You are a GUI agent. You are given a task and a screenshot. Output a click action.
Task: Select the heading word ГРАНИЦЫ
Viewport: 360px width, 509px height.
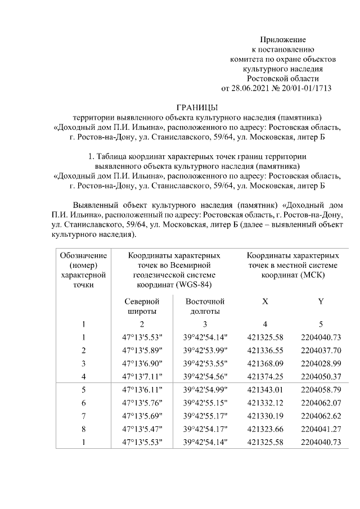[x=196, y=107]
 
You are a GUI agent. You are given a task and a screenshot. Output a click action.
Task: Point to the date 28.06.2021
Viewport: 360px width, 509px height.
[x=250, y=88]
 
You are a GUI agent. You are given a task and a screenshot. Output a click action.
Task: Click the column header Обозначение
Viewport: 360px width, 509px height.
[x=83, y=255]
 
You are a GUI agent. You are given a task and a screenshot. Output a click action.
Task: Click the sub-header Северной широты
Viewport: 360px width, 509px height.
[x=142, y=307]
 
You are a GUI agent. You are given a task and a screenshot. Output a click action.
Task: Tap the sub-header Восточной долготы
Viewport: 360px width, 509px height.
[x=205, y=307]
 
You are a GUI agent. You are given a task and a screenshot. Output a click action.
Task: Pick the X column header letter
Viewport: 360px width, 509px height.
[x=264, y=301]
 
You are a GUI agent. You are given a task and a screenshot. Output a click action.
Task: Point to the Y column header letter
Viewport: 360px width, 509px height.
[x=321, y=301]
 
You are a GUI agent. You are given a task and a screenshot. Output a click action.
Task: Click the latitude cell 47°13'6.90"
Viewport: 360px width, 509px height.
[x=142, y=364]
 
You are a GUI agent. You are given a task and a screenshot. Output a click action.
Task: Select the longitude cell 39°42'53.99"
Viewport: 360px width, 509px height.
[x=205, y=351]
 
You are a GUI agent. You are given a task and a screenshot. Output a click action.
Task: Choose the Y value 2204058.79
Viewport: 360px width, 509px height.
[x=321, y=390]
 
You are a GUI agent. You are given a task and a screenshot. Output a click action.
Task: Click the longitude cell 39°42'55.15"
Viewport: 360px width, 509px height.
[x=205, y=403]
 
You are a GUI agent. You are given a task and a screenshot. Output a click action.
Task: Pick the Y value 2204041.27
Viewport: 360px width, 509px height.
[x=321, y=429]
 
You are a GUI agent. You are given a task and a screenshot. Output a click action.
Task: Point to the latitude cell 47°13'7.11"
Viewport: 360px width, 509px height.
[x=142, y=377]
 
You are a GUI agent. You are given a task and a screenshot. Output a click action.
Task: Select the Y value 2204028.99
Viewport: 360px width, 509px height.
[x=321, y=364]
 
